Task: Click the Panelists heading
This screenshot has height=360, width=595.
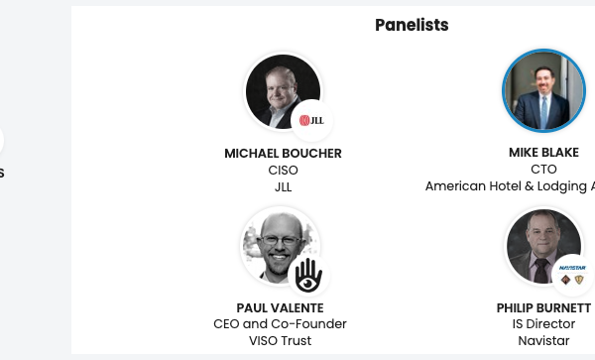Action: pyautogui.click(x=412, y=25)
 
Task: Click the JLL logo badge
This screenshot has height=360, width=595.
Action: pyautogui.click(x=311, y=121)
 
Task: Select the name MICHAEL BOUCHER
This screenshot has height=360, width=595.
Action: pyautogui.click(x=284, y=154)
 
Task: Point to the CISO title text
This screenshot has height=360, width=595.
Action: pyautogui.click(x=284, y=170)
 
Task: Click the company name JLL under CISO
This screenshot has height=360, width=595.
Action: pyautogui.click(x=284, y=186)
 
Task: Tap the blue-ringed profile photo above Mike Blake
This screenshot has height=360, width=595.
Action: pyautogui.click(x=543, y=91)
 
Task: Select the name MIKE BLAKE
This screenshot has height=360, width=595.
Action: pyautogui.click(x=543, y=153)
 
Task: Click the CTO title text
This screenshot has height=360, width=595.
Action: pyautogui.click(x=543, y=170)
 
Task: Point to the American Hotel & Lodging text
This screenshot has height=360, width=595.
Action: pyautogui.click(x=510, y=186)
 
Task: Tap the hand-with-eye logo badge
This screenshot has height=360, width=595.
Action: pyautogui.click(x=307, y=275)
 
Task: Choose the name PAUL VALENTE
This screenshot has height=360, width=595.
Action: pyautogui.click(x=280, y=308)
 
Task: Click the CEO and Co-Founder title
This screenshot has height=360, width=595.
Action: pyautogui.click(x=280, y=324)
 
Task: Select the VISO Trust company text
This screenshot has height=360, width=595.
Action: pyautogui.click(x=280, y=341)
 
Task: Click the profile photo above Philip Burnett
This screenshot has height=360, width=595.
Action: pyautogui.click(x=541, y=245)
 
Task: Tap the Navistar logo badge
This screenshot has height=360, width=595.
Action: pyautogui.click(x=573, y=275)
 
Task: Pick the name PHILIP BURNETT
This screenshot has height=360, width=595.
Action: pyautogui.click(x=543, y=308)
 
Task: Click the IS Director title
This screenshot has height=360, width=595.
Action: pyautogui.click(x=543, y=324)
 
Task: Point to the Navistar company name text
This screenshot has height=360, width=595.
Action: pyautogui.click(x=543, y=341)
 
